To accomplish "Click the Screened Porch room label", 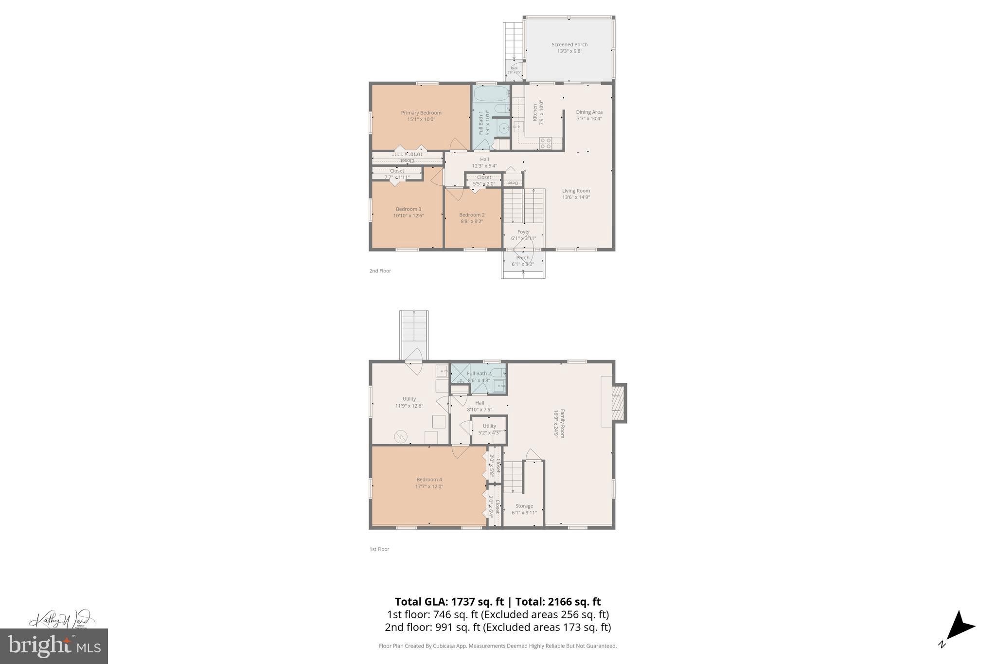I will click(569, 45).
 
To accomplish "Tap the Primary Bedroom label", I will click(421, 113).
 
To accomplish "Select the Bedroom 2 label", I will click(472, 215).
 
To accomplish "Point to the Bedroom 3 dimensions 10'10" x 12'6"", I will click(409, 215).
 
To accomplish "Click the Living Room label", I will click(576, 191).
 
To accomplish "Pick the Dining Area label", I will click(589, 112).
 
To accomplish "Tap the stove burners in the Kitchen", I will click(546, 143).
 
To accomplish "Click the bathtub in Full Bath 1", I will click(491, 93).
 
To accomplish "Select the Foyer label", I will click(523, 232).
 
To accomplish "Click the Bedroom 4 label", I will click(429, 480).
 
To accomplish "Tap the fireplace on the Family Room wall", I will click(618, 403).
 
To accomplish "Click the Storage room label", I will click(524, 506).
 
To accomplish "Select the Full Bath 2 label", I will click(479, 374).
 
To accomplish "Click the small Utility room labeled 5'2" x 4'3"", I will click(489, 429).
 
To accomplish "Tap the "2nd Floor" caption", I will click(380, 271).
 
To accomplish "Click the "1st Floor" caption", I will click(379, 549).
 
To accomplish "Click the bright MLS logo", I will click(54, 646).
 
